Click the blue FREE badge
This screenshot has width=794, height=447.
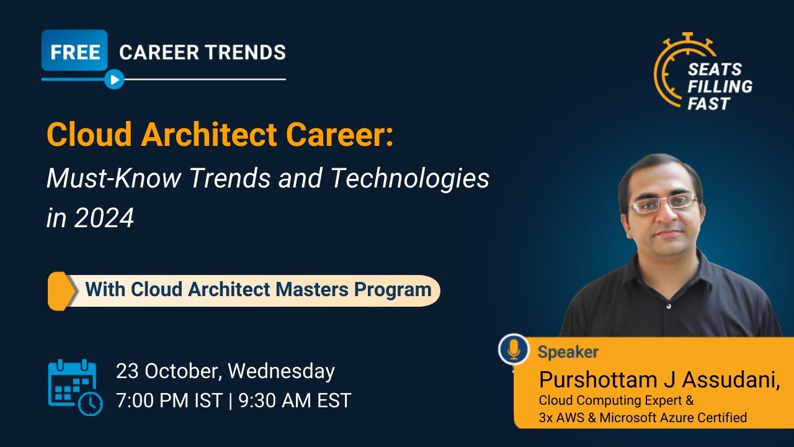(74, 52)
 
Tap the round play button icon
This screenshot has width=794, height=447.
(114, 79)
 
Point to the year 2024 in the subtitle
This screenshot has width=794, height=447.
(104, 218)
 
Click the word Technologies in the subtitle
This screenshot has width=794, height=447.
(409, 179)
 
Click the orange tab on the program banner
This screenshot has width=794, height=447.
(58, 290)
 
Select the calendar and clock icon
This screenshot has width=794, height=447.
(75, 386)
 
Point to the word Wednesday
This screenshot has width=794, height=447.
(281, 371)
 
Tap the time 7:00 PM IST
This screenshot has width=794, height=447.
(169, 400)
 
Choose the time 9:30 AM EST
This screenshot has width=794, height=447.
(294, 400)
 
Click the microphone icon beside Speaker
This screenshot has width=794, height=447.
(514, 350)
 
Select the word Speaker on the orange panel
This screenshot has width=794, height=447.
(568, 352)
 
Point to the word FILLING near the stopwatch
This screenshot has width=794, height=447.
(720, 86)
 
